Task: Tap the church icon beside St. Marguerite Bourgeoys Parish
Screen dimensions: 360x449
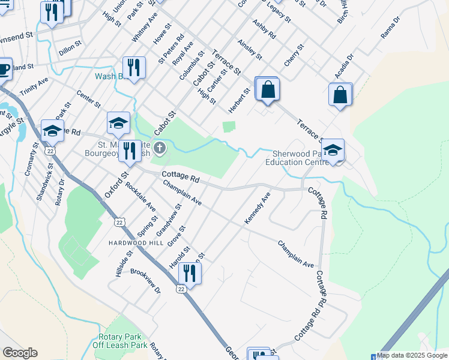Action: pyautogui.click(x=159, y=148)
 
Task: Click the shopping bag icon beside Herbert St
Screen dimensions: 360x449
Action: pyautogui.click(x=267, y=90)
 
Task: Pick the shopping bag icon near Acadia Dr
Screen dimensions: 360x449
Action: pyautogui.click(x=340, y=95)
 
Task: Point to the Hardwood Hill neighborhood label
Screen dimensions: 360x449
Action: pyautogui.click(x=136, y=242)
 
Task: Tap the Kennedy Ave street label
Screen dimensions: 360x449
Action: pyautogui.click(x=258, y=209)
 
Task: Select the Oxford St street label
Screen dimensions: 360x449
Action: pyautogui.click(x=116, y=185)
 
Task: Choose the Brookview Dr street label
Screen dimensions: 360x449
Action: pyautogui.click(x=145, y=281)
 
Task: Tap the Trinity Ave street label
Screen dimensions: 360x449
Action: pyautogui.click(x=34, y=86)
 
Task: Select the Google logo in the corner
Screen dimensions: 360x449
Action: pyautogui.click(x=20, y=353)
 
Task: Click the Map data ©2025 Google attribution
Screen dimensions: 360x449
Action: pyautogui.click(x=412, y=355)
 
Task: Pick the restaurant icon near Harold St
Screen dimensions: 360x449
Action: pyautogui.click(x=189, y=274)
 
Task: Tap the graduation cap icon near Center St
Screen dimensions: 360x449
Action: pyautogui.click(x=118, y=123)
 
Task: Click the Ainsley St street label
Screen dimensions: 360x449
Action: pyautogui.click(x=250, y=50)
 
